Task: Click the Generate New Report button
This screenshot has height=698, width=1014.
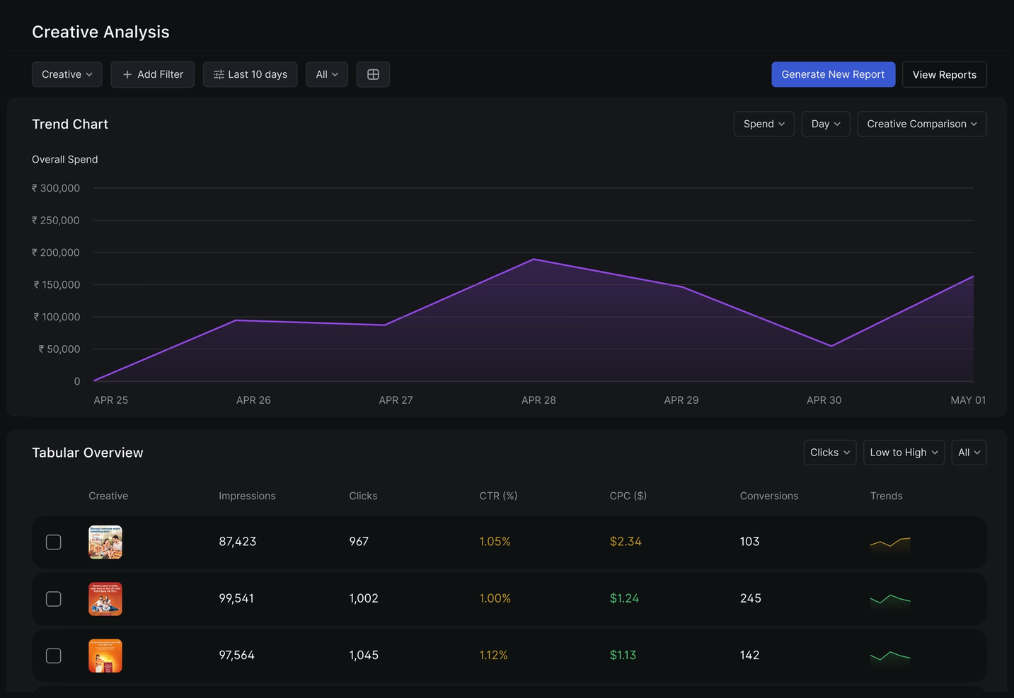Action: (833, 74)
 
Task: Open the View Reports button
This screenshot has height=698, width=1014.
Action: (944, 74)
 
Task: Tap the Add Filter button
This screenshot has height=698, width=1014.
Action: (152, 74)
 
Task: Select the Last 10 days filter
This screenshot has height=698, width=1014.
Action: (250, 74)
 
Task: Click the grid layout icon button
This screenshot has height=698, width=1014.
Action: (373, 74)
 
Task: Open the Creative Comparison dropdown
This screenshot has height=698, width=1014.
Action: (921, 124)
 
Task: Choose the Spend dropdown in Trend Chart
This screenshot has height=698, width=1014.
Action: (764, 124)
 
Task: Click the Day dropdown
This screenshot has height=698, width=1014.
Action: (825, 124)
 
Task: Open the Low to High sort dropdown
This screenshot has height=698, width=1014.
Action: (904, 453)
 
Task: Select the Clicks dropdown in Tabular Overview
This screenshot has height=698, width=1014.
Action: (829, 453)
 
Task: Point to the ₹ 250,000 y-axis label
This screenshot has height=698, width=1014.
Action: (56, 221)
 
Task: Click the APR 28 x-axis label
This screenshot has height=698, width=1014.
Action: (538, 400)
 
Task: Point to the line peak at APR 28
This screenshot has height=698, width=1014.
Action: (534, 260)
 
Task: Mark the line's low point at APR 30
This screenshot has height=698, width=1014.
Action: (831, 346)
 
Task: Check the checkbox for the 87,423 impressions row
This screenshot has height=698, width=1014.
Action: (54, 542)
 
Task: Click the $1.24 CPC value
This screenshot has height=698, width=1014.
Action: (624, 598)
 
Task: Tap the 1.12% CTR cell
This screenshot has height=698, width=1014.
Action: (493, 656)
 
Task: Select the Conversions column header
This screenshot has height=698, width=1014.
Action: (768, 496)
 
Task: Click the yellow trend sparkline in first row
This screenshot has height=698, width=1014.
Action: (889, 543)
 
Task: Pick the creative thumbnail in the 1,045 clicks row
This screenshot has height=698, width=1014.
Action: (105, 656)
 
